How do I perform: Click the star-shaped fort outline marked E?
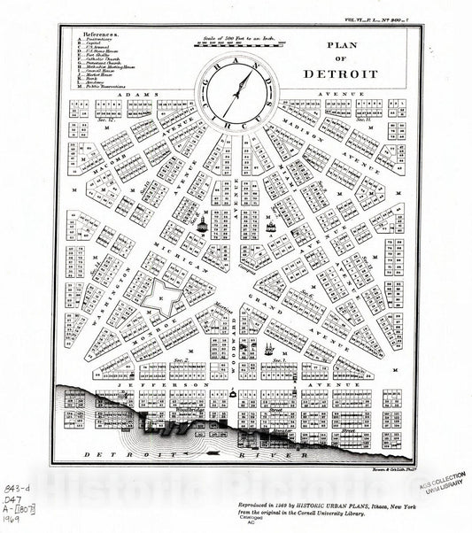[161, 298]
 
